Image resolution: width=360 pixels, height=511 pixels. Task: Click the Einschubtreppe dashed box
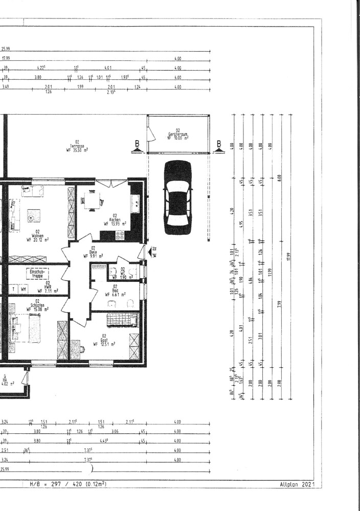(38, 274)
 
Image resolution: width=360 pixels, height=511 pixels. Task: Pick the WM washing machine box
(24, 289)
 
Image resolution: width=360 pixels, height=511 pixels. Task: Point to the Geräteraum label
(178, 134)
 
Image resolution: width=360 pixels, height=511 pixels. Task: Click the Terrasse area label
(77, 147)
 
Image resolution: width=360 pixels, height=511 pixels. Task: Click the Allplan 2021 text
(296, 483)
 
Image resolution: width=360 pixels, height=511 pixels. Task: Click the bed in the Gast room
(122, 320)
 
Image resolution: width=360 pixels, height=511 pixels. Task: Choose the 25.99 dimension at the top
(6, 49)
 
